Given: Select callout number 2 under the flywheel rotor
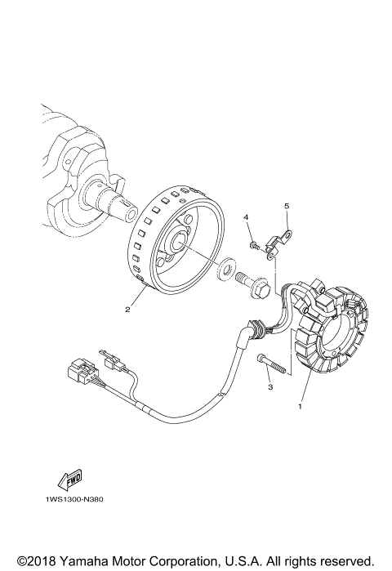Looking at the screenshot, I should pos(127,310).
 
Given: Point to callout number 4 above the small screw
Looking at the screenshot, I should pos(244,216).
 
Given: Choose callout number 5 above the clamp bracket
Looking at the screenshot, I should pos(286,206).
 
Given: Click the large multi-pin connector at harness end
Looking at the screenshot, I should pos(81,372).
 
